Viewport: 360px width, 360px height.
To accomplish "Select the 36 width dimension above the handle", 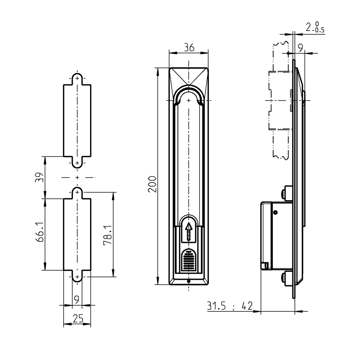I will (x=189, y=48).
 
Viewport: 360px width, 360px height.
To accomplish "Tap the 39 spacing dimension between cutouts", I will (x=40, y=177).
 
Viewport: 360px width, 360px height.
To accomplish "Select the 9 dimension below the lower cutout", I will (x=77, y=300).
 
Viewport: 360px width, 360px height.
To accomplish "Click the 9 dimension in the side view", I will (x=301, y=48).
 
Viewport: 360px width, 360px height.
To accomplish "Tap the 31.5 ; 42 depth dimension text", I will (x=230, y=306).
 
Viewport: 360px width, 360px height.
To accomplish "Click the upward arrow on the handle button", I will (x=189, y=232).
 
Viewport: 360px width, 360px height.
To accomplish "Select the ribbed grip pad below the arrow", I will (x=189, y=261).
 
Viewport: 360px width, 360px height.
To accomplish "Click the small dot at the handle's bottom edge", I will (x=189, y=281).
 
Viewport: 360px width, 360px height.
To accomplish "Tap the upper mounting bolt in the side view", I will (x=284, y=194).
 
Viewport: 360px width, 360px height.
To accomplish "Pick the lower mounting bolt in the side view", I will (x=284, y=278).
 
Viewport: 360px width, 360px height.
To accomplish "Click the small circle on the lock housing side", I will (x=275, y=212).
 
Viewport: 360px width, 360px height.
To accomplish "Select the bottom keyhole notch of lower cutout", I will (x=77, y=277).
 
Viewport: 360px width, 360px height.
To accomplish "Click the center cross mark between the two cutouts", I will (x=77, y=178).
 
